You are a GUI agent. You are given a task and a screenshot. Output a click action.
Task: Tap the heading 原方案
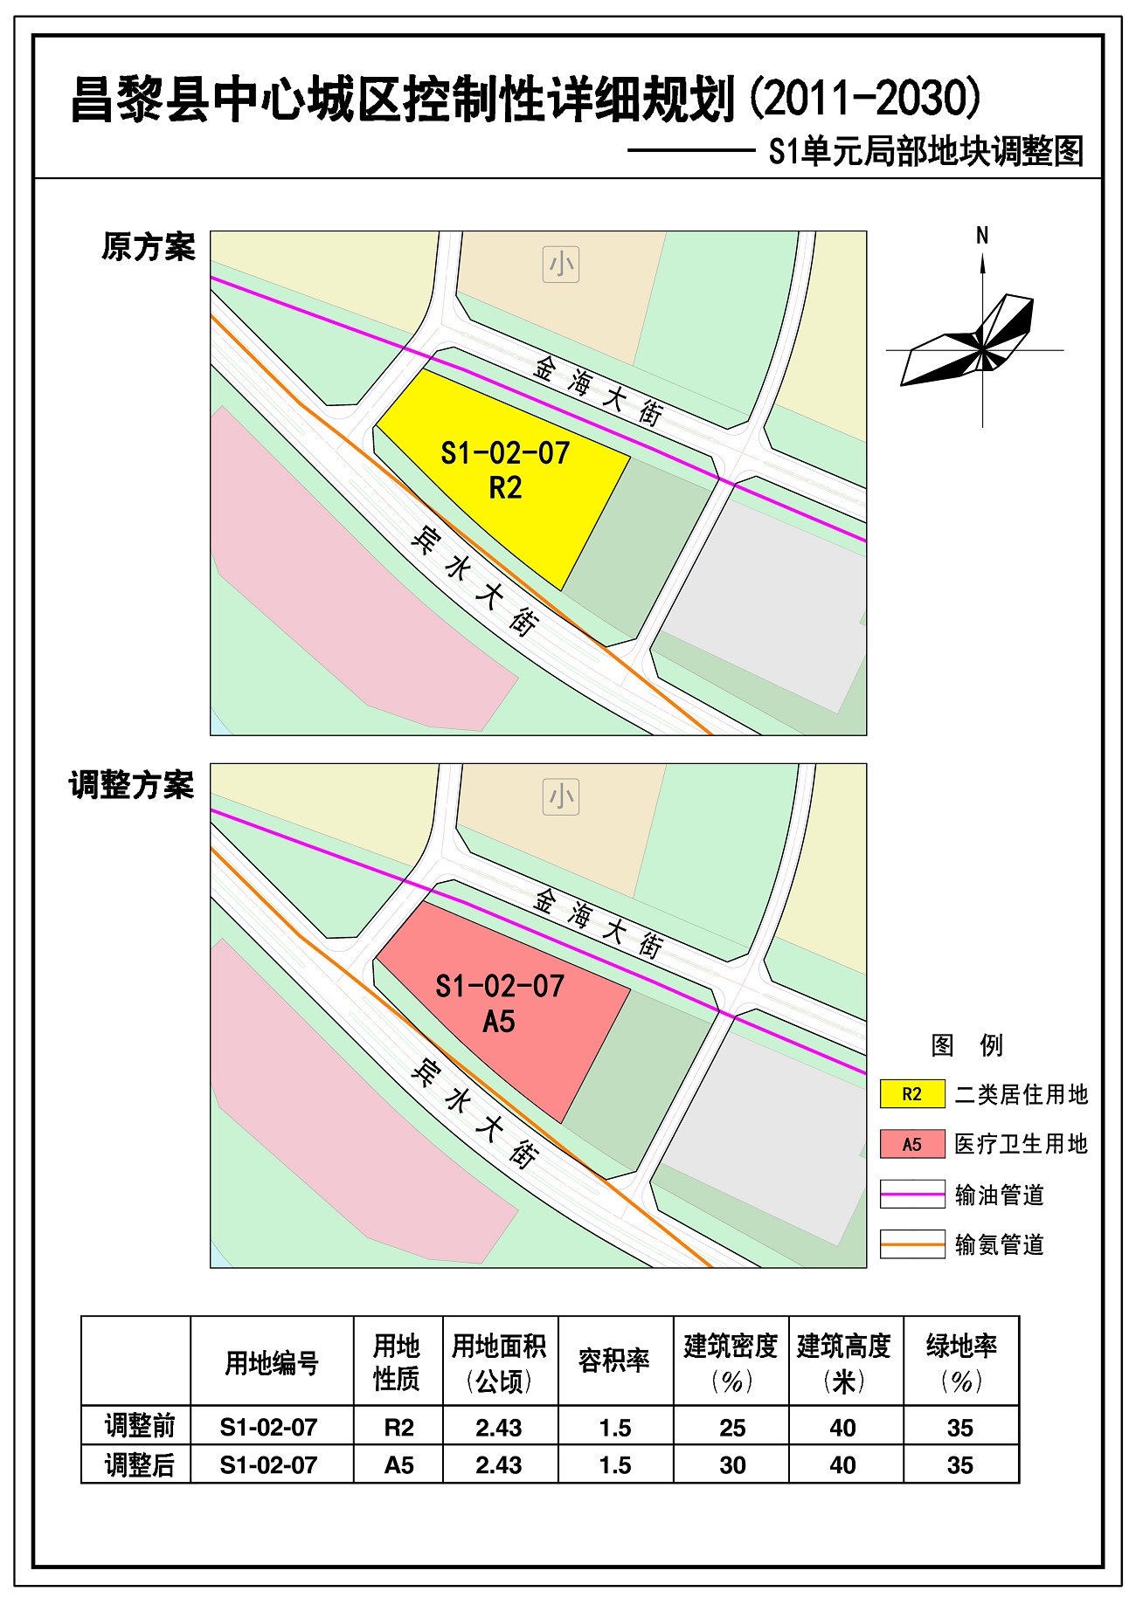(149, 247)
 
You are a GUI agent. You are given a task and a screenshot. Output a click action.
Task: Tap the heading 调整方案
(132, 785)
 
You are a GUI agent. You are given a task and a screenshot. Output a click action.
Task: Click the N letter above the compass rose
(982, 235)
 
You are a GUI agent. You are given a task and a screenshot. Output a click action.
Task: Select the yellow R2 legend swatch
(912, 1094)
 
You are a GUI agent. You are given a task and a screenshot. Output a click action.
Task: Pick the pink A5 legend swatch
(912, 1144)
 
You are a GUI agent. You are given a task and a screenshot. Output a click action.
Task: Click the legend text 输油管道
(1000, 1195)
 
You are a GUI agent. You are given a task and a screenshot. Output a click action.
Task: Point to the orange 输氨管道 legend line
(912, 1243)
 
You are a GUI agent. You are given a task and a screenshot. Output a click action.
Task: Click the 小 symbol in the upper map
(561, 265)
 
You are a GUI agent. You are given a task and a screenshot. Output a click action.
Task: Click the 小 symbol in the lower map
(561, 797)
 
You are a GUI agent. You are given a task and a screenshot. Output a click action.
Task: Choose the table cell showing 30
(732, 1465)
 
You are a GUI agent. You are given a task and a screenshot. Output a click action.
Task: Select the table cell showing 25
(732, 1428)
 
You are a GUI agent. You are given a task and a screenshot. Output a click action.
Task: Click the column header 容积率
(614, 1360)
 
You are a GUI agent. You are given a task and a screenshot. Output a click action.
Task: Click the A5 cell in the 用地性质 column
(398, 1465)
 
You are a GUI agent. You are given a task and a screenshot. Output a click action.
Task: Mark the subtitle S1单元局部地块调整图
(926, 152)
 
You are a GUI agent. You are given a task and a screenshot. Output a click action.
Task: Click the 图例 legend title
(966, 1044)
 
